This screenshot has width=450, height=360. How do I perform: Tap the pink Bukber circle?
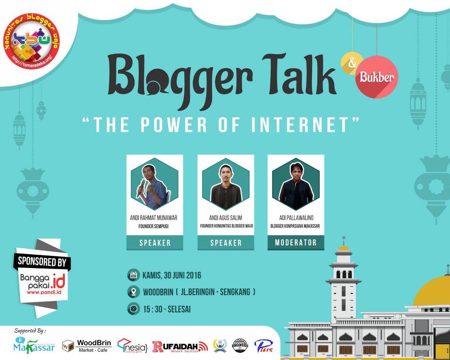point(376,77)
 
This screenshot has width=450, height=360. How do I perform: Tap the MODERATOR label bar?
point(296,243)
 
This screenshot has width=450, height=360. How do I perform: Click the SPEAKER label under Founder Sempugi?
point(154,243)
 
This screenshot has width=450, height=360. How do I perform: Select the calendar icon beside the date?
point(133,275)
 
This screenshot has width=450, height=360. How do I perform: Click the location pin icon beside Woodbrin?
point(133,292)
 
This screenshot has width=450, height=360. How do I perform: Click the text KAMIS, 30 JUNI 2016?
point(172,276)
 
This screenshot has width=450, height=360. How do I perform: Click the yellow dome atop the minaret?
point(343,248)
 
